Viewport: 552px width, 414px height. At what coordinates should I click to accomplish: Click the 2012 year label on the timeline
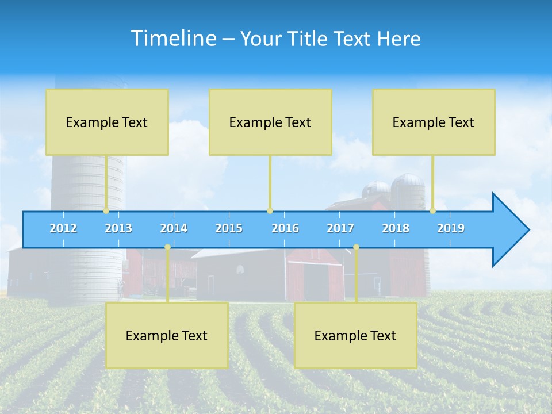pyautogui.click(x=63, y=228)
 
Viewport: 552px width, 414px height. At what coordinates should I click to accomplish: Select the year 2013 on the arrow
pyautogui.click(x=118, y=228)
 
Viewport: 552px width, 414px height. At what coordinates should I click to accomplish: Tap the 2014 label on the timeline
pyautogui.click(x=174, y=228)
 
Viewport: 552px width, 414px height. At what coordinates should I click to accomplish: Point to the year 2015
pyautogui.click(x=229, y=228)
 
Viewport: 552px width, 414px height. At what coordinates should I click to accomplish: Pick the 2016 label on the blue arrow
pyautogui.click(x=285, y=228)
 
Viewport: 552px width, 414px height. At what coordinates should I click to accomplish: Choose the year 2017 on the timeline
pyautogui.click(x=340, y=228)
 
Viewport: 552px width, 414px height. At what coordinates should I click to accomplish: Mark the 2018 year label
pyautogui.click(x=396, y=228)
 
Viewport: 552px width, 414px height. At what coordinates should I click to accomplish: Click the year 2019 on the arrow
pyautogui.click(x=451, y=228)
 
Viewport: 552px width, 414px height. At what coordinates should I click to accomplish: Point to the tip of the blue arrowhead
pyautogui.click(x=528, y=230)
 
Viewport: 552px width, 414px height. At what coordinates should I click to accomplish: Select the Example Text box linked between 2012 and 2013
pyautogui.click(x=107, y=122)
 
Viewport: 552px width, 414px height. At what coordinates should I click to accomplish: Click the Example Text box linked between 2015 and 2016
pyautogui.click(x=270, y=122)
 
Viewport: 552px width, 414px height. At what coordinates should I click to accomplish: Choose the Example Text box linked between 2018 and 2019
pyautogui.click(x=434, y=122)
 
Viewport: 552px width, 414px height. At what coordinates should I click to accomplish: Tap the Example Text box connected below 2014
pyautogui.click(x=167, y=335)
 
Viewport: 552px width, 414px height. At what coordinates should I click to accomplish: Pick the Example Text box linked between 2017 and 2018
pyautogui.click(x=355, y=335)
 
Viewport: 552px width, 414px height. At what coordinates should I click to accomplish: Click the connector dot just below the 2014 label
pyautogui.click(x=167, y=247)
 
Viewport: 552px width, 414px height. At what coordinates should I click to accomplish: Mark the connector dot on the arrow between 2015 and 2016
pyautogui.click(x=270, y=211)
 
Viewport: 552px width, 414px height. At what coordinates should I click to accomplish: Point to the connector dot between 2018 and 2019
pyautogui.click(x=433, y=211)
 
